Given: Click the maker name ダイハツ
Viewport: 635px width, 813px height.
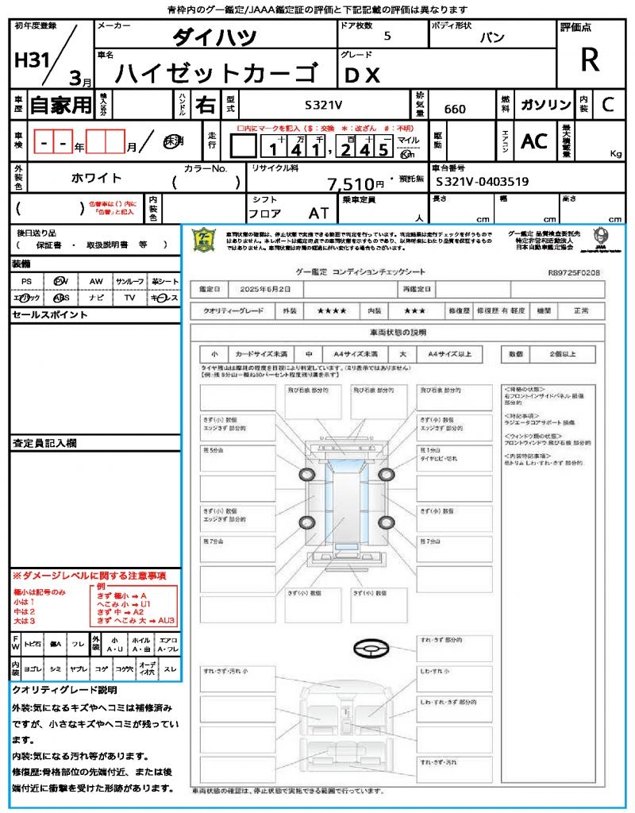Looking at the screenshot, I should click(214, 37).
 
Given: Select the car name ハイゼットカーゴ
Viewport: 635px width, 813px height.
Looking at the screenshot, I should click(214, 74).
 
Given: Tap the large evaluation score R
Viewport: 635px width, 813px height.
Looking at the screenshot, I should click(590, 60).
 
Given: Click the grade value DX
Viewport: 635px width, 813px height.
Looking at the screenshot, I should click(362, 75).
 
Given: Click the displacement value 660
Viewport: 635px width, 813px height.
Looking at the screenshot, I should click(455, 109).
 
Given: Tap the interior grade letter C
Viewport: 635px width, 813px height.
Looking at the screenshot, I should click(607, 104).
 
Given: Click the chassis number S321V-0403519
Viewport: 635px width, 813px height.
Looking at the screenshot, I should click(483, 182).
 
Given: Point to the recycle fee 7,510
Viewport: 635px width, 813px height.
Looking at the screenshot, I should click(350, 184).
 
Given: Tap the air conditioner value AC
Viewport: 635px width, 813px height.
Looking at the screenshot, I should click(533, 141).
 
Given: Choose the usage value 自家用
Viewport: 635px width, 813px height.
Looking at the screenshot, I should click(61, 104).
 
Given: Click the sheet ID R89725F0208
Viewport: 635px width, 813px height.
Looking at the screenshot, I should click(574, 272).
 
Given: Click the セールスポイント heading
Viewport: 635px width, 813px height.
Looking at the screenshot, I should click(49, 315).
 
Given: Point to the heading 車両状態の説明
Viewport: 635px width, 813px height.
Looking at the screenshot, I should click(398, 332).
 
